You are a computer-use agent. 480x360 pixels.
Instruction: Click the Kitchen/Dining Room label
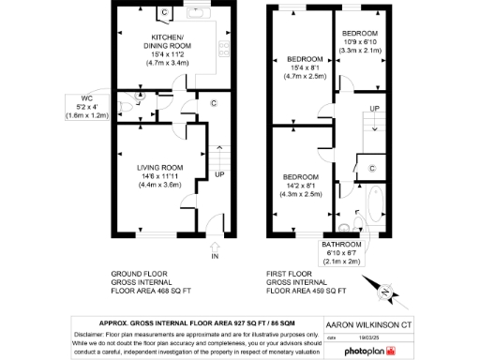point(167,40)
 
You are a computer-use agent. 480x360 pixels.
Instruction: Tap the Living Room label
point(159,168)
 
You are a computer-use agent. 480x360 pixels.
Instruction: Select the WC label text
point(87,97)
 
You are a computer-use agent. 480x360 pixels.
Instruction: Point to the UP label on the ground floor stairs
point(219,174)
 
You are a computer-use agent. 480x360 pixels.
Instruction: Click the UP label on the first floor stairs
point(375,109)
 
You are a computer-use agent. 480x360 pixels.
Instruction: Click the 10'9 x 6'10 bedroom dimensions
point(358,42)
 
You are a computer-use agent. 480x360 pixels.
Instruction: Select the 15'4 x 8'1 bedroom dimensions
point(304,67)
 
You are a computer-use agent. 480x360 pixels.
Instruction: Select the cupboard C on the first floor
point(372,168)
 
